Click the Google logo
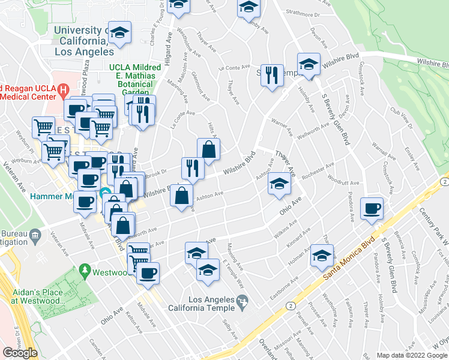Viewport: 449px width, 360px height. (20, 353)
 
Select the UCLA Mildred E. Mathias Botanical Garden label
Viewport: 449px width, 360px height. (132, 80)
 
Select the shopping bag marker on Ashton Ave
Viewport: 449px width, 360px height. (182, 195)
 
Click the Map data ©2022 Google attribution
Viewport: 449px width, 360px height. (411, 355)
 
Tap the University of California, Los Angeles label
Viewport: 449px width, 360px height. (79, 41)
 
